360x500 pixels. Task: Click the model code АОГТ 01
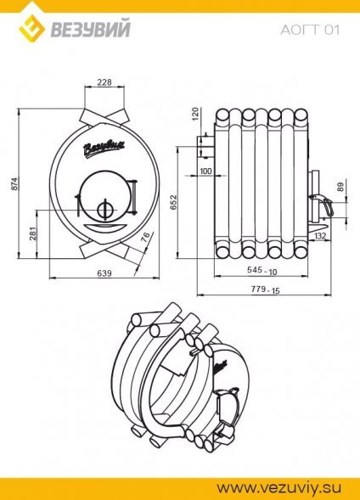[x=310, y=30]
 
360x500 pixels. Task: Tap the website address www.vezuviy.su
[x=279, y=488]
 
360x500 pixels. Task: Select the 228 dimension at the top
[x=104, y=82]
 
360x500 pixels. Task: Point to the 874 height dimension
[x=14, y=183]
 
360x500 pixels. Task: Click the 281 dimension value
[x=34, y=233]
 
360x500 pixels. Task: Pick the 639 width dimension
[x=104, y=273]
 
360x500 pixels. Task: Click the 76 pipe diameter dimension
[x=146, y=237]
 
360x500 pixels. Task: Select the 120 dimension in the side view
[x=195, y=114]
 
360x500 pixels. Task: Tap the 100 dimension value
[x=205, y=171]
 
